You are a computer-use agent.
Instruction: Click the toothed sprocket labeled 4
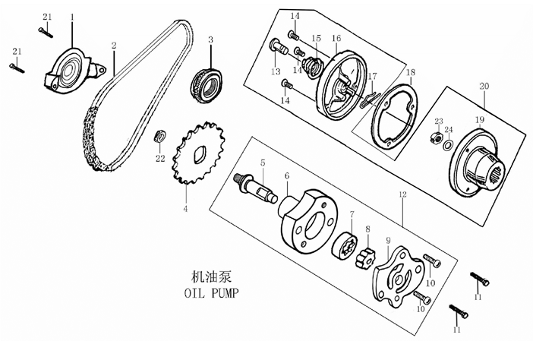199,153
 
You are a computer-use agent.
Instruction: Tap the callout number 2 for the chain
114,46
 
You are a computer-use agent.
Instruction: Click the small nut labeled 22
159,136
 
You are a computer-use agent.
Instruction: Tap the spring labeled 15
313,67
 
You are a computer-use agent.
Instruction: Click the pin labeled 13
279,49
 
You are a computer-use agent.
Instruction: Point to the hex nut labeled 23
436,137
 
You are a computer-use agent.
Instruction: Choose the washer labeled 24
448,145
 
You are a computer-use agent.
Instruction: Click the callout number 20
484,87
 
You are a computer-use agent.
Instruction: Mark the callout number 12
402,194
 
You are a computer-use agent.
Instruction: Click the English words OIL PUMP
211,292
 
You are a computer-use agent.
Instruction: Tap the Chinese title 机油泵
211,276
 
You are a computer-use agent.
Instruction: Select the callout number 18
411,72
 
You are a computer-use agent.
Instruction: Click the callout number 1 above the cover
72,17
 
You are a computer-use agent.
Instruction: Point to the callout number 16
336,38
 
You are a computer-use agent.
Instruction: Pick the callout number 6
287,175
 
